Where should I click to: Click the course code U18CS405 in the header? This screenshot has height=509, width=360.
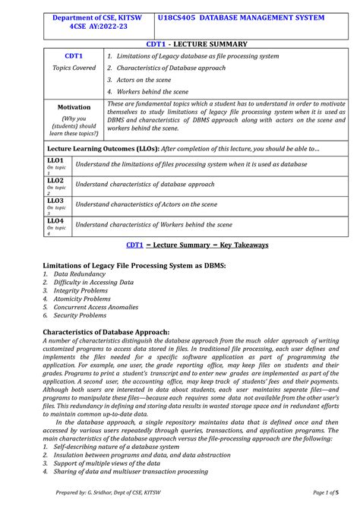pyautogui.click(x=179, y=17)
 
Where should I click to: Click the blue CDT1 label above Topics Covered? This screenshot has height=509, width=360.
pyautogui.click(x=74, y=56)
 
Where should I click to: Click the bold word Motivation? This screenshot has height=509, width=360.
pyautogui.click(x=74, y=107)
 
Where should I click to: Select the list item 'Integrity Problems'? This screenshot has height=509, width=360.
pyautogui.click(x=80, y=290)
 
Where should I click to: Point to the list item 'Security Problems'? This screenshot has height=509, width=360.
pyautogui.click(x=79, y=315)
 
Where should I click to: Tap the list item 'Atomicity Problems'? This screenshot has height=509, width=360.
pyautogui.click(x=81, y=299)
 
